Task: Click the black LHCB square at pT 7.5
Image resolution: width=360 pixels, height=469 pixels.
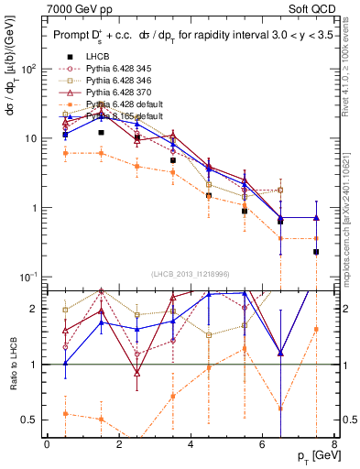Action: (x=316, y=252)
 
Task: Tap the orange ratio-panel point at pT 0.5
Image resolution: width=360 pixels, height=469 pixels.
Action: (x=65, y=414)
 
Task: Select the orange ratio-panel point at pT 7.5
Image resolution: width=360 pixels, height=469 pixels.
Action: (x=316, y=329)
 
